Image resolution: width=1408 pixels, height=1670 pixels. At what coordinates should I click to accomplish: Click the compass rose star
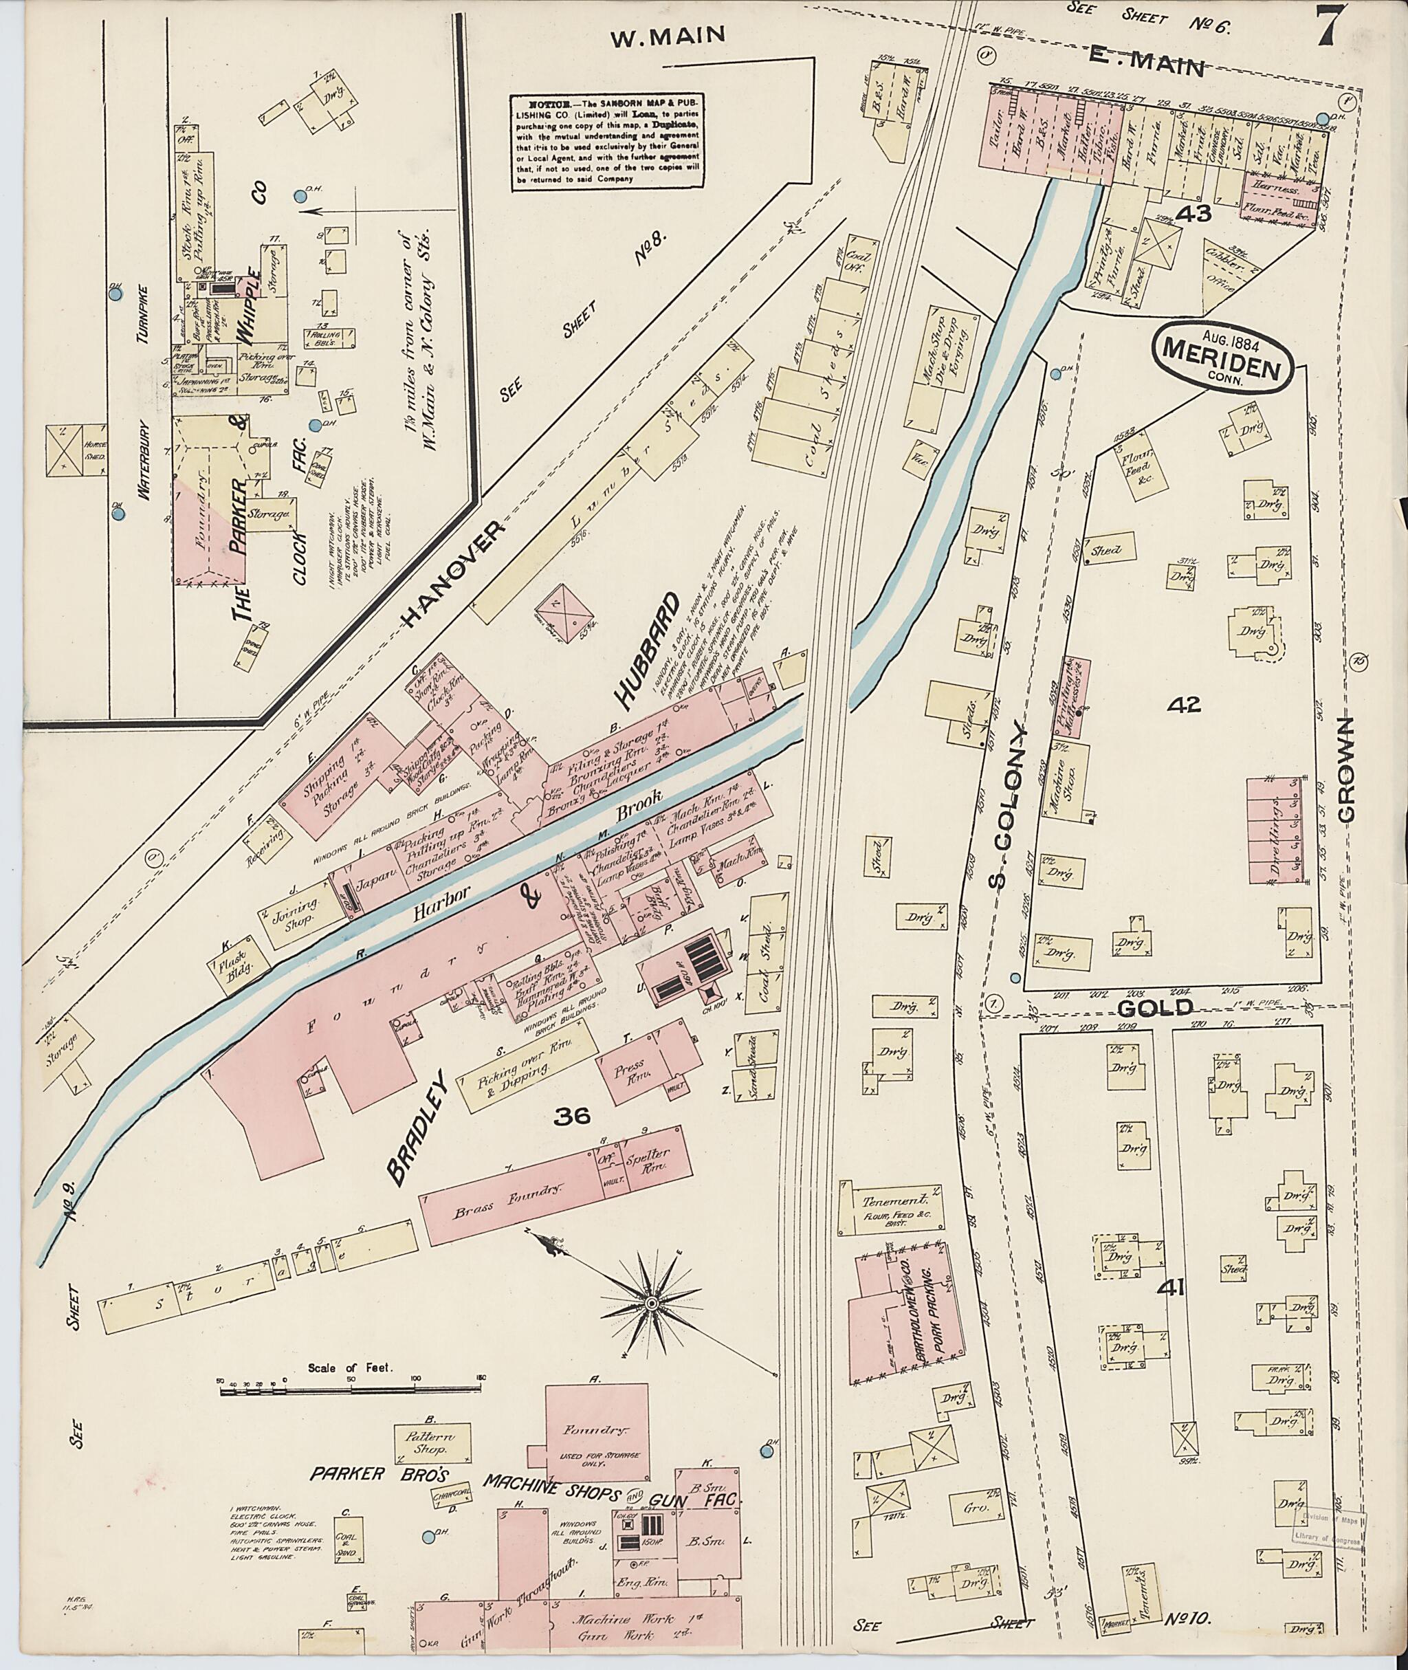point(650,1304)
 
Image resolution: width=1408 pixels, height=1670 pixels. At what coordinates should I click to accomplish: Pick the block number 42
point(1184,704)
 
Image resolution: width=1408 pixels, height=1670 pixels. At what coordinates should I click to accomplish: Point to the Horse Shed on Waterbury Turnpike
point(76,451)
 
